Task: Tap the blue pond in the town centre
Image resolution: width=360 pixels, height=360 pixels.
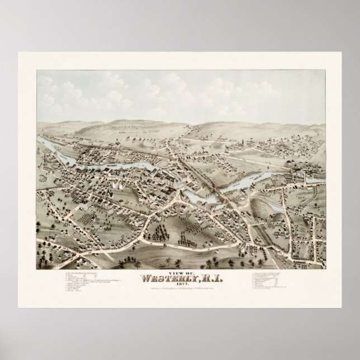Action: pyautogui.click(x=246, y=182)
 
